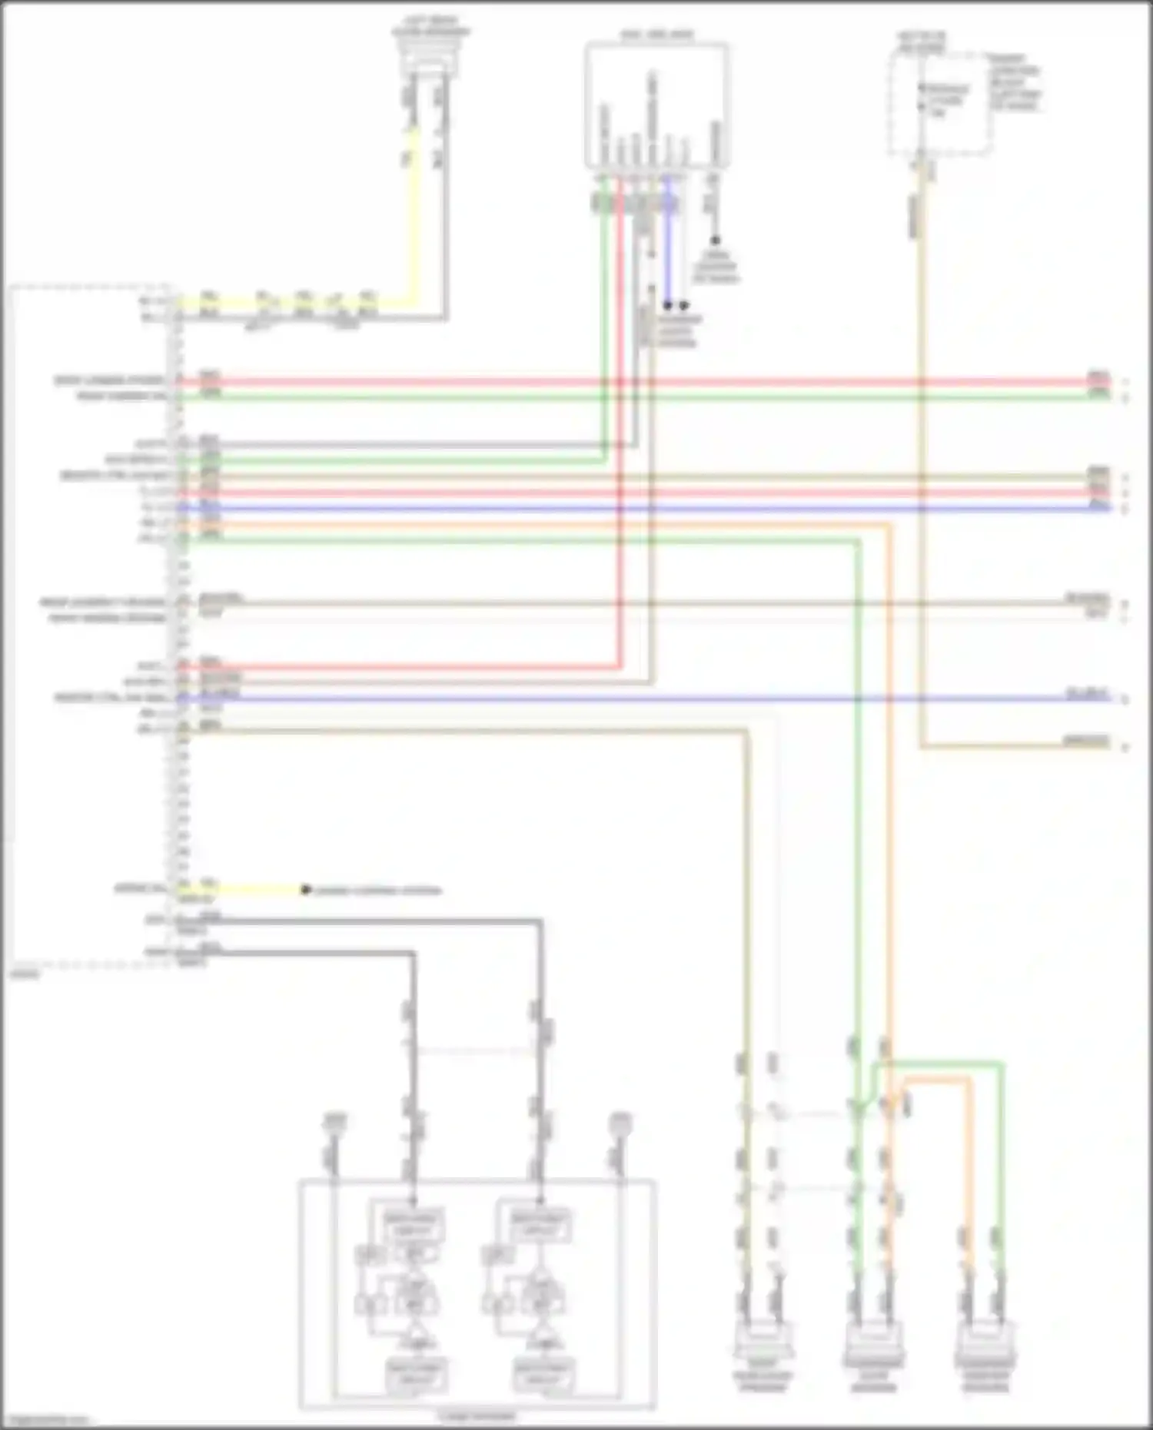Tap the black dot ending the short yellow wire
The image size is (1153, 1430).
tap(305, 890)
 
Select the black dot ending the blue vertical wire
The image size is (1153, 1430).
tap(668, 305)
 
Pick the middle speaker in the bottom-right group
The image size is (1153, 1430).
tap(873, 1340)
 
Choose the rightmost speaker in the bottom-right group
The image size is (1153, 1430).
tap(985, 1340)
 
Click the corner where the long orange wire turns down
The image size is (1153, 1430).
tap(889, 526)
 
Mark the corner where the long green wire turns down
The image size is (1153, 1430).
tap(858, 541)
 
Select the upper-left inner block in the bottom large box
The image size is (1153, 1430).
tap(413, 1225)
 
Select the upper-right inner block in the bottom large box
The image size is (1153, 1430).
tap(541, 1225)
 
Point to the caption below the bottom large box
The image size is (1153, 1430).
tap(476, 1416)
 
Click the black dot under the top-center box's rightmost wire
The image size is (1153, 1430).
tap(715, 241)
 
